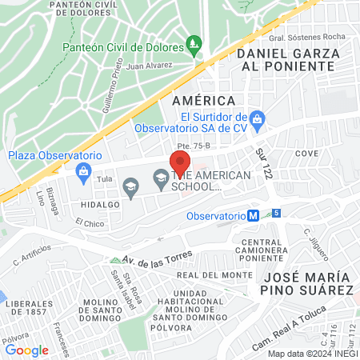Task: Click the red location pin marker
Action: click(177, 161)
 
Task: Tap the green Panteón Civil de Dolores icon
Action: click(193, 42)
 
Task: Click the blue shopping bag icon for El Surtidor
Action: click(257, 122)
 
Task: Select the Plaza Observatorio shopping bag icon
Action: click(82, 170)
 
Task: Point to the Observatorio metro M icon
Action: click(252, 215)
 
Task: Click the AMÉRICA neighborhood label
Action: click(204, 101)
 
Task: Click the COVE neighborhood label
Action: click(306, 153)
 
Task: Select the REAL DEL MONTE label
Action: click(209, 275)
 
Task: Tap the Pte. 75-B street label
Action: click(193, 146)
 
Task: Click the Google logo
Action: click(26, 350)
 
